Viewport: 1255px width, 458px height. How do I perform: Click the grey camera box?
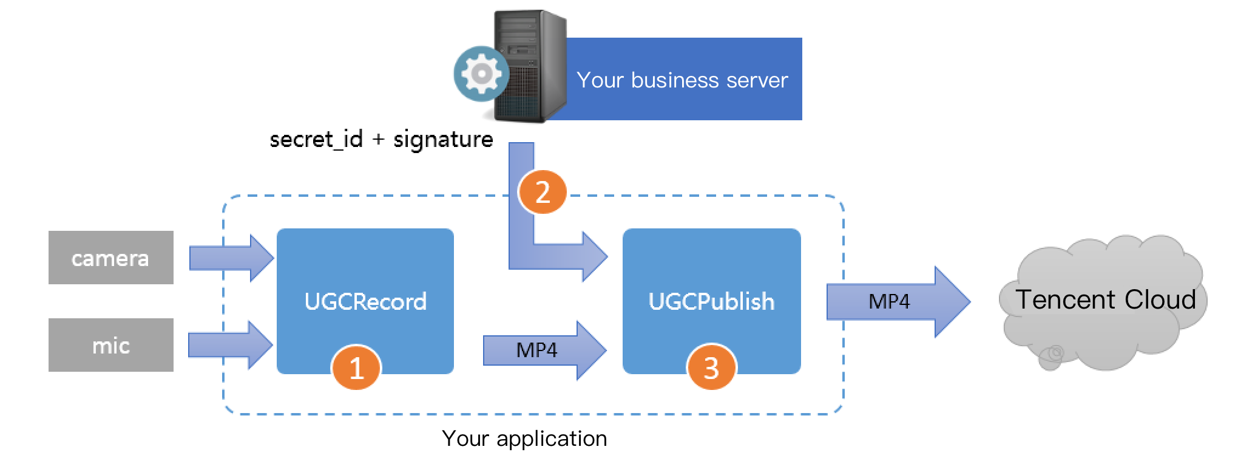point(110,258)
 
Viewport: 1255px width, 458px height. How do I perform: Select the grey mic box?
point(110,345)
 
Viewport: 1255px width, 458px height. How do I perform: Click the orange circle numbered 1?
point(356,367)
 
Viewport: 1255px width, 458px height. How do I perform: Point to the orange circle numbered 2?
point(542,193)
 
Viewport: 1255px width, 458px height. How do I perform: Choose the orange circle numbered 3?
point(711,367)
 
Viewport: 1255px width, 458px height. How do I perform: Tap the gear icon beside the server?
point(481,73)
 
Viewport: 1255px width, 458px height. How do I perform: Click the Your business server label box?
point(683,80)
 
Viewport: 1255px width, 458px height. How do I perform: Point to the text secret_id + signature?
point(381,139)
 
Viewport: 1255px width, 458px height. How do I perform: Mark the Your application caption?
point(524,439)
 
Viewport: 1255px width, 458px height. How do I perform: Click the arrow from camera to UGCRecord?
point(231,258)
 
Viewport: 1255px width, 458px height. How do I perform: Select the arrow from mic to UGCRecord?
point(229,345)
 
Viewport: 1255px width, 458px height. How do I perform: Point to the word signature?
point(443,140)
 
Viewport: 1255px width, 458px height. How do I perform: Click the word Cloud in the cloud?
point(1160,299)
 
